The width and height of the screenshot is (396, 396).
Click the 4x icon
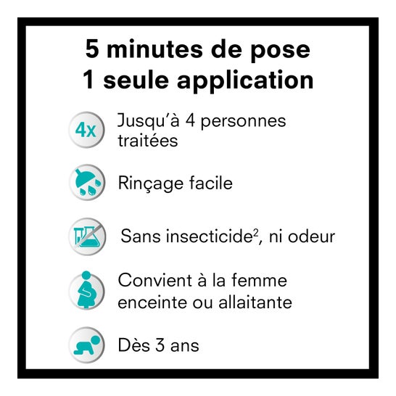pos(86,130)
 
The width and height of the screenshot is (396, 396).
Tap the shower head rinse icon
pos(87,182)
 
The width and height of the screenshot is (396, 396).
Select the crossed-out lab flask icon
pos(87,236)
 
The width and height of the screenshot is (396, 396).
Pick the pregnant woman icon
pos(86,290)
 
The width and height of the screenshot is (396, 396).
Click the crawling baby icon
pos(86,345)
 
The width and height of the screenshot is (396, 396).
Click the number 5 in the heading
pos(92,49)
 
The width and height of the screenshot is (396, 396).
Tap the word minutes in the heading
pos(154,49)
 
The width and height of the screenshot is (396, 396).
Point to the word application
pos(245,81)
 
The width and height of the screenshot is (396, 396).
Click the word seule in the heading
pos(136,80)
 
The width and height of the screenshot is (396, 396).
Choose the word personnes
pos(243,123)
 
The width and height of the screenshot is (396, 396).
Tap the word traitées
pos(148,140)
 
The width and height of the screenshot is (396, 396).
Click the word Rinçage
pos(150,184)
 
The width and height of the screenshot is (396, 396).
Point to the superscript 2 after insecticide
pos(256,232)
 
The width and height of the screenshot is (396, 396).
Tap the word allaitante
pos(255,302)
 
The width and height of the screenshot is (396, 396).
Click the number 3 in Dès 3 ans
pos(160,345)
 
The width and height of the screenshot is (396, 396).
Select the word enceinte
pos(152,302)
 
